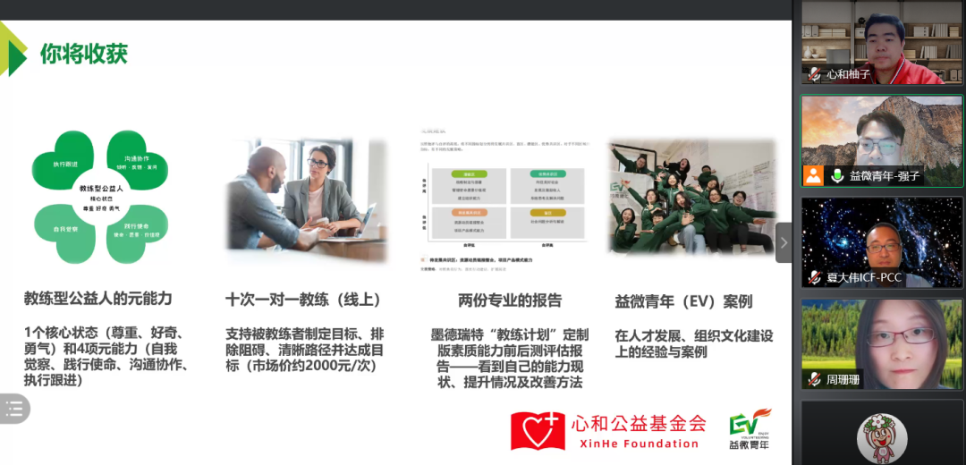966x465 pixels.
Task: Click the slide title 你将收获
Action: [84, 54]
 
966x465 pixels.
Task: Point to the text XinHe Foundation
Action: [634, 444]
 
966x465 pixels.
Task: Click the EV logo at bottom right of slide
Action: [749, 428]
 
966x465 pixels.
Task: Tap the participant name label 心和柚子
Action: [848, 74]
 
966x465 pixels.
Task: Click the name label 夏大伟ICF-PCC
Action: [865, 278]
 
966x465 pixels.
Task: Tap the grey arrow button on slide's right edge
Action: [784, 242]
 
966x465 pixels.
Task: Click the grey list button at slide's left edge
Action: [14, 409]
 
